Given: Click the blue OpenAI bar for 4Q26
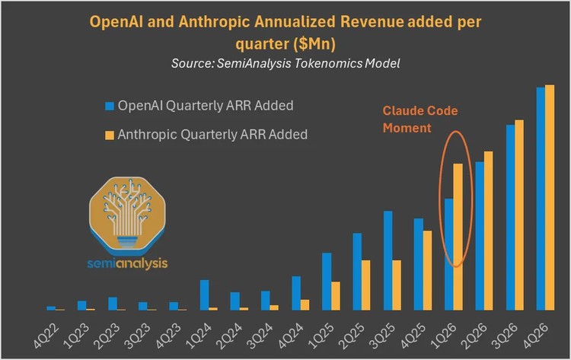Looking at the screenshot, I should (x=541, y=199).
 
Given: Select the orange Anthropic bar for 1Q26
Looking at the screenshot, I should (x=458, y=237).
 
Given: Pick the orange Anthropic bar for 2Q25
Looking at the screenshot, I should (x=366, y=285).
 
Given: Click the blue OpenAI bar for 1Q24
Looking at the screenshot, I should (x=204, y=295).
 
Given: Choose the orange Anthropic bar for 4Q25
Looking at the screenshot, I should (x=427, y=270).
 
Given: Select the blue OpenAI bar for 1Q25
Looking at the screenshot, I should (x=327, y=281).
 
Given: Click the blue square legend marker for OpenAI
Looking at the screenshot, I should (x=110, y=105).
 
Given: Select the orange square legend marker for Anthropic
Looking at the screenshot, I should (x=110, y=135).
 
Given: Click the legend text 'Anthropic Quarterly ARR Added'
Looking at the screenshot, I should (x=212, y=135).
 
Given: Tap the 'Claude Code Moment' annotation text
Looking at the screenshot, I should (x=419, y=119).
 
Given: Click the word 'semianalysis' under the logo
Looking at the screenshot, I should (x=129, y=263).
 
